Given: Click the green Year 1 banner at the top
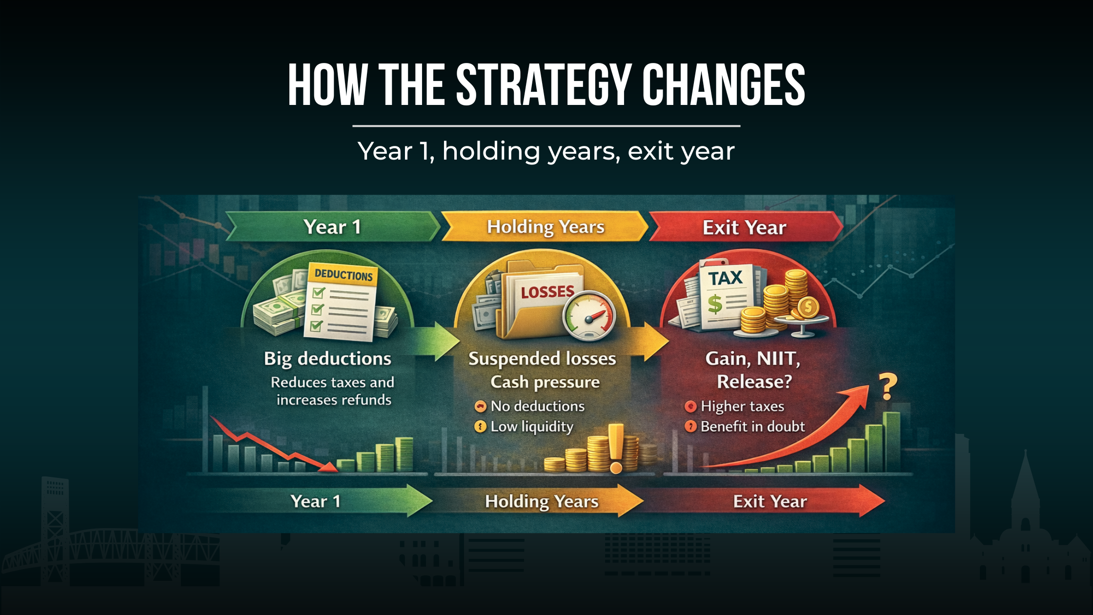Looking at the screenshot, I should click(332, 227).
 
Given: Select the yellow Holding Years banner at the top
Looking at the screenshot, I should click(546, 227).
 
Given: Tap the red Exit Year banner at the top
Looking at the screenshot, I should click(744, 227).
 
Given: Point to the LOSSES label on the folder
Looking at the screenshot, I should click(547, 292).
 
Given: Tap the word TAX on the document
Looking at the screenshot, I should click(725, 278).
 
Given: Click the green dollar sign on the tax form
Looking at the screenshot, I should click(714, 304).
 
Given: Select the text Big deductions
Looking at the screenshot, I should click(327, 359).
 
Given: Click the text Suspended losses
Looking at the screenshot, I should click(542, 359).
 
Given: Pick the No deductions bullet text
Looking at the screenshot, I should click(537, 406).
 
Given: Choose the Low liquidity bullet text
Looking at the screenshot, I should click(532, 427).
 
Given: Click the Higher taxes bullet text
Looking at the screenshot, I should click(742, 406).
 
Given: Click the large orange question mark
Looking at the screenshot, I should click(888, 387).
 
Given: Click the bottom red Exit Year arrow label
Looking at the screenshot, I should click(769, 501).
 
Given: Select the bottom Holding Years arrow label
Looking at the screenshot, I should click(542, 501).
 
